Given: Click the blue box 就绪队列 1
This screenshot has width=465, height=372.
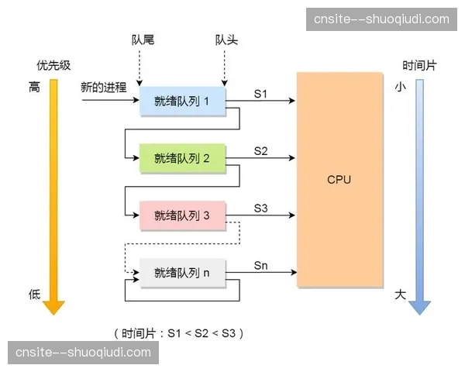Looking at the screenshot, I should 182,101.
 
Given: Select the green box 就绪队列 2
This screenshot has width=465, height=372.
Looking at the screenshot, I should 182,158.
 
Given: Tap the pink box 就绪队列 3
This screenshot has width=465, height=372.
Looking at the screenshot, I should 182,215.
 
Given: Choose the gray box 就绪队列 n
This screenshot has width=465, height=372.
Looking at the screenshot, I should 182,272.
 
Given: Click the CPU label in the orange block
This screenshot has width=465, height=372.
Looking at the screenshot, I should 339,179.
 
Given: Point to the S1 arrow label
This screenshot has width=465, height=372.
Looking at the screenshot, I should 261,93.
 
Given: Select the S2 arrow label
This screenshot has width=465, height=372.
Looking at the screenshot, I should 261,150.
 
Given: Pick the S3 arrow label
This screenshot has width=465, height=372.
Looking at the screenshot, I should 261,208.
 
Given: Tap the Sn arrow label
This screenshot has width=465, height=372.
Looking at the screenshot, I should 261,265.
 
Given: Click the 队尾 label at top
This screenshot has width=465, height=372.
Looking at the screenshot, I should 143,39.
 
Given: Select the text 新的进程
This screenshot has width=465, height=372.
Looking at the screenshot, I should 103,88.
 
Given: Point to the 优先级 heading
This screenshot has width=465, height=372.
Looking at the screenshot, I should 53,65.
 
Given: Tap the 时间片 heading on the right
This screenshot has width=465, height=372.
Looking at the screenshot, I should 418,65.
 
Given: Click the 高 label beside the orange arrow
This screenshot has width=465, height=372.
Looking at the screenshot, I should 34,88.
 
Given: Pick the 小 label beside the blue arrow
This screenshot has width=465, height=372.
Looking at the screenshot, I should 400,88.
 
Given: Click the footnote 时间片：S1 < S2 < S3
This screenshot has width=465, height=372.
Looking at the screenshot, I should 181,333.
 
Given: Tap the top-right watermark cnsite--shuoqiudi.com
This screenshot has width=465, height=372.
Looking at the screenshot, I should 381,19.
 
